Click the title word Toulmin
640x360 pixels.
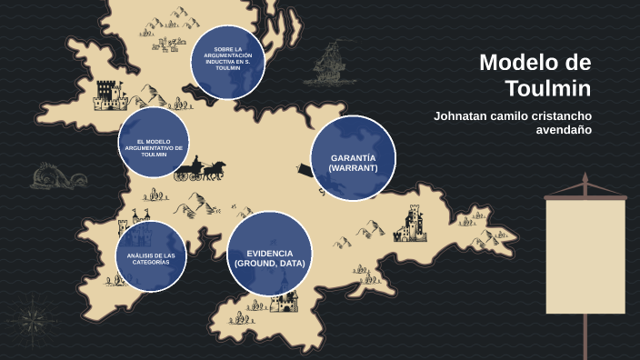547,88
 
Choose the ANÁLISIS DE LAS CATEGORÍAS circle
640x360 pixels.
151,257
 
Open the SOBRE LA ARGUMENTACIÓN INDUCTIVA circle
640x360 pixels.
227,60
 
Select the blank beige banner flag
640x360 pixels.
585,255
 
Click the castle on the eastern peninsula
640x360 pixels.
412,224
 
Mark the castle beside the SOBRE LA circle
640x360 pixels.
107,93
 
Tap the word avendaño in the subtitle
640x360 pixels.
565,130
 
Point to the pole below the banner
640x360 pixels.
585,335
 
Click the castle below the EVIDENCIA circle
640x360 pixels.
285,301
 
